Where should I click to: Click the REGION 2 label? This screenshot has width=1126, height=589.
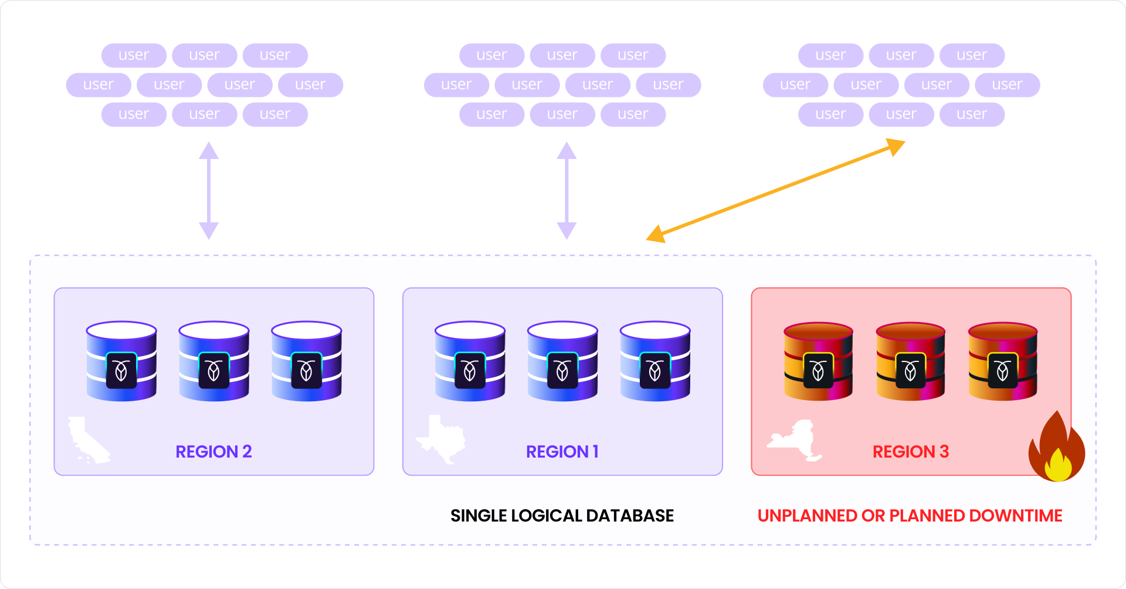point(213,452)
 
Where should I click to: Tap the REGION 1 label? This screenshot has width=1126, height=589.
point(562,452)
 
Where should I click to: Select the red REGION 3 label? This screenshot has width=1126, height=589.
point(910,452)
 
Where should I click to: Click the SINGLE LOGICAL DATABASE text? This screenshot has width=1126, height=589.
point(562,516)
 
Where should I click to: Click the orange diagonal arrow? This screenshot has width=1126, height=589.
point(775,191)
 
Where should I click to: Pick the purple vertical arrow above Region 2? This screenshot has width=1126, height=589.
point(209,191)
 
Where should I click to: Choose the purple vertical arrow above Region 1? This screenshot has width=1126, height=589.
point(567,191)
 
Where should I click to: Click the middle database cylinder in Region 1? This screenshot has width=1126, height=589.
point(562,361)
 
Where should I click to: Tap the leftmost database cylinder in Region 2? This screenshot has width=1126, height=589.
point(121,361)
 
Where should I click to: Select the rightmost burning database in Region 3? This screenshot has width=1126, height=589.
point(1003,361)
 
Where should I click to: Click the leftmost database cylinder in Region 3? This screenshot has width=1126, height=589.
point(818,361)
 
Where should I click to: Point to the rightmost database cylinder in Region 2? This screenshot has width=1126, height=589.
point(306,361)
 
